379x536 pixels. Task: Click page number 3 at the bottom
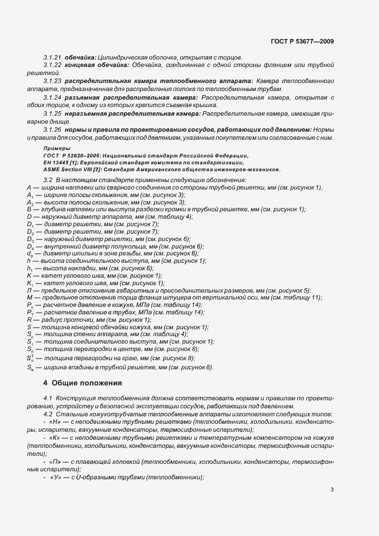click(x=332, y=490)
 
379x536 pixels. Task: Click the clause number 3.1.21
click(x=52, y=58)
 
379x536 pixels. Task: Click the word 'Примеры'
click(x=56, y=148)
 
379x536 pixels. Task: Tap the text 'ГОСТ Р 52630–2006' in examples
click(x=72, y=156)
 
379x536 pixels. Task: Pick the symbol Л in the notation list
click(x=29, y=290)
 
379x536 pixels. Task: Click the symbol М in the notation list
click(x=30, y=298)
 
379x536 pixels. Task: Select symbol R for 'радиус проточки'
click(x=29, y=320)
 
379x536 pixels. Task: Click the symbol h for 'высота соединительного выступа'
click(x=29, y=261)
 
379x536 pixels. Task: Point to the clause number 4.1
click(x=48, y=397)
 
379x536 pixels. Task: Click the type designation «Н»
click(x=56, y=421)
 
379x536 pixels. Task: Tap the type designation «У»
click(x=56, y=477)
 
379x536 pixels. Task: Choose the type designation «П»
click(x=56, y=461)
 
